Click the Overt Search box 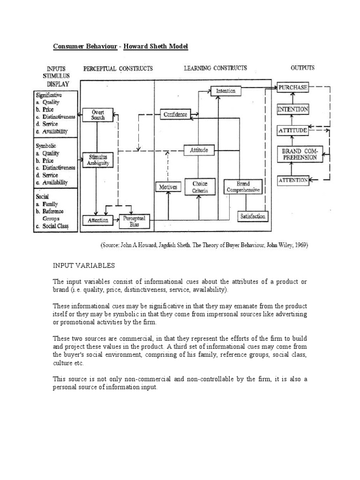[97, 115]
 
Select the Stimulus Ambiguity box [98, 160]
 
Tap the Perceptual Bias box [135, 221]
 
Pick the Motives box [168, 187]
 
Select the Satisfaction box [253, 216]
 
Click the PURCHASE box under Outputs [292, 88]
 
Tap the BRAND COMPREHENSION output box [300, 154]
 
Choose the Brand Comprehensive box [243, 187]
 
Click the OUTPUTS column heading [302, 68]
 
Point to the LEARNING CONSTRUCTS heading [215, 68]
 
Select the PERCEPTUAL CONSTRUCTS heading [118, 68]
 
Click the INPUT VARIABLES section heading [83, 265]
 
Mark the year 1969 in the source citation [300, 245]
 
